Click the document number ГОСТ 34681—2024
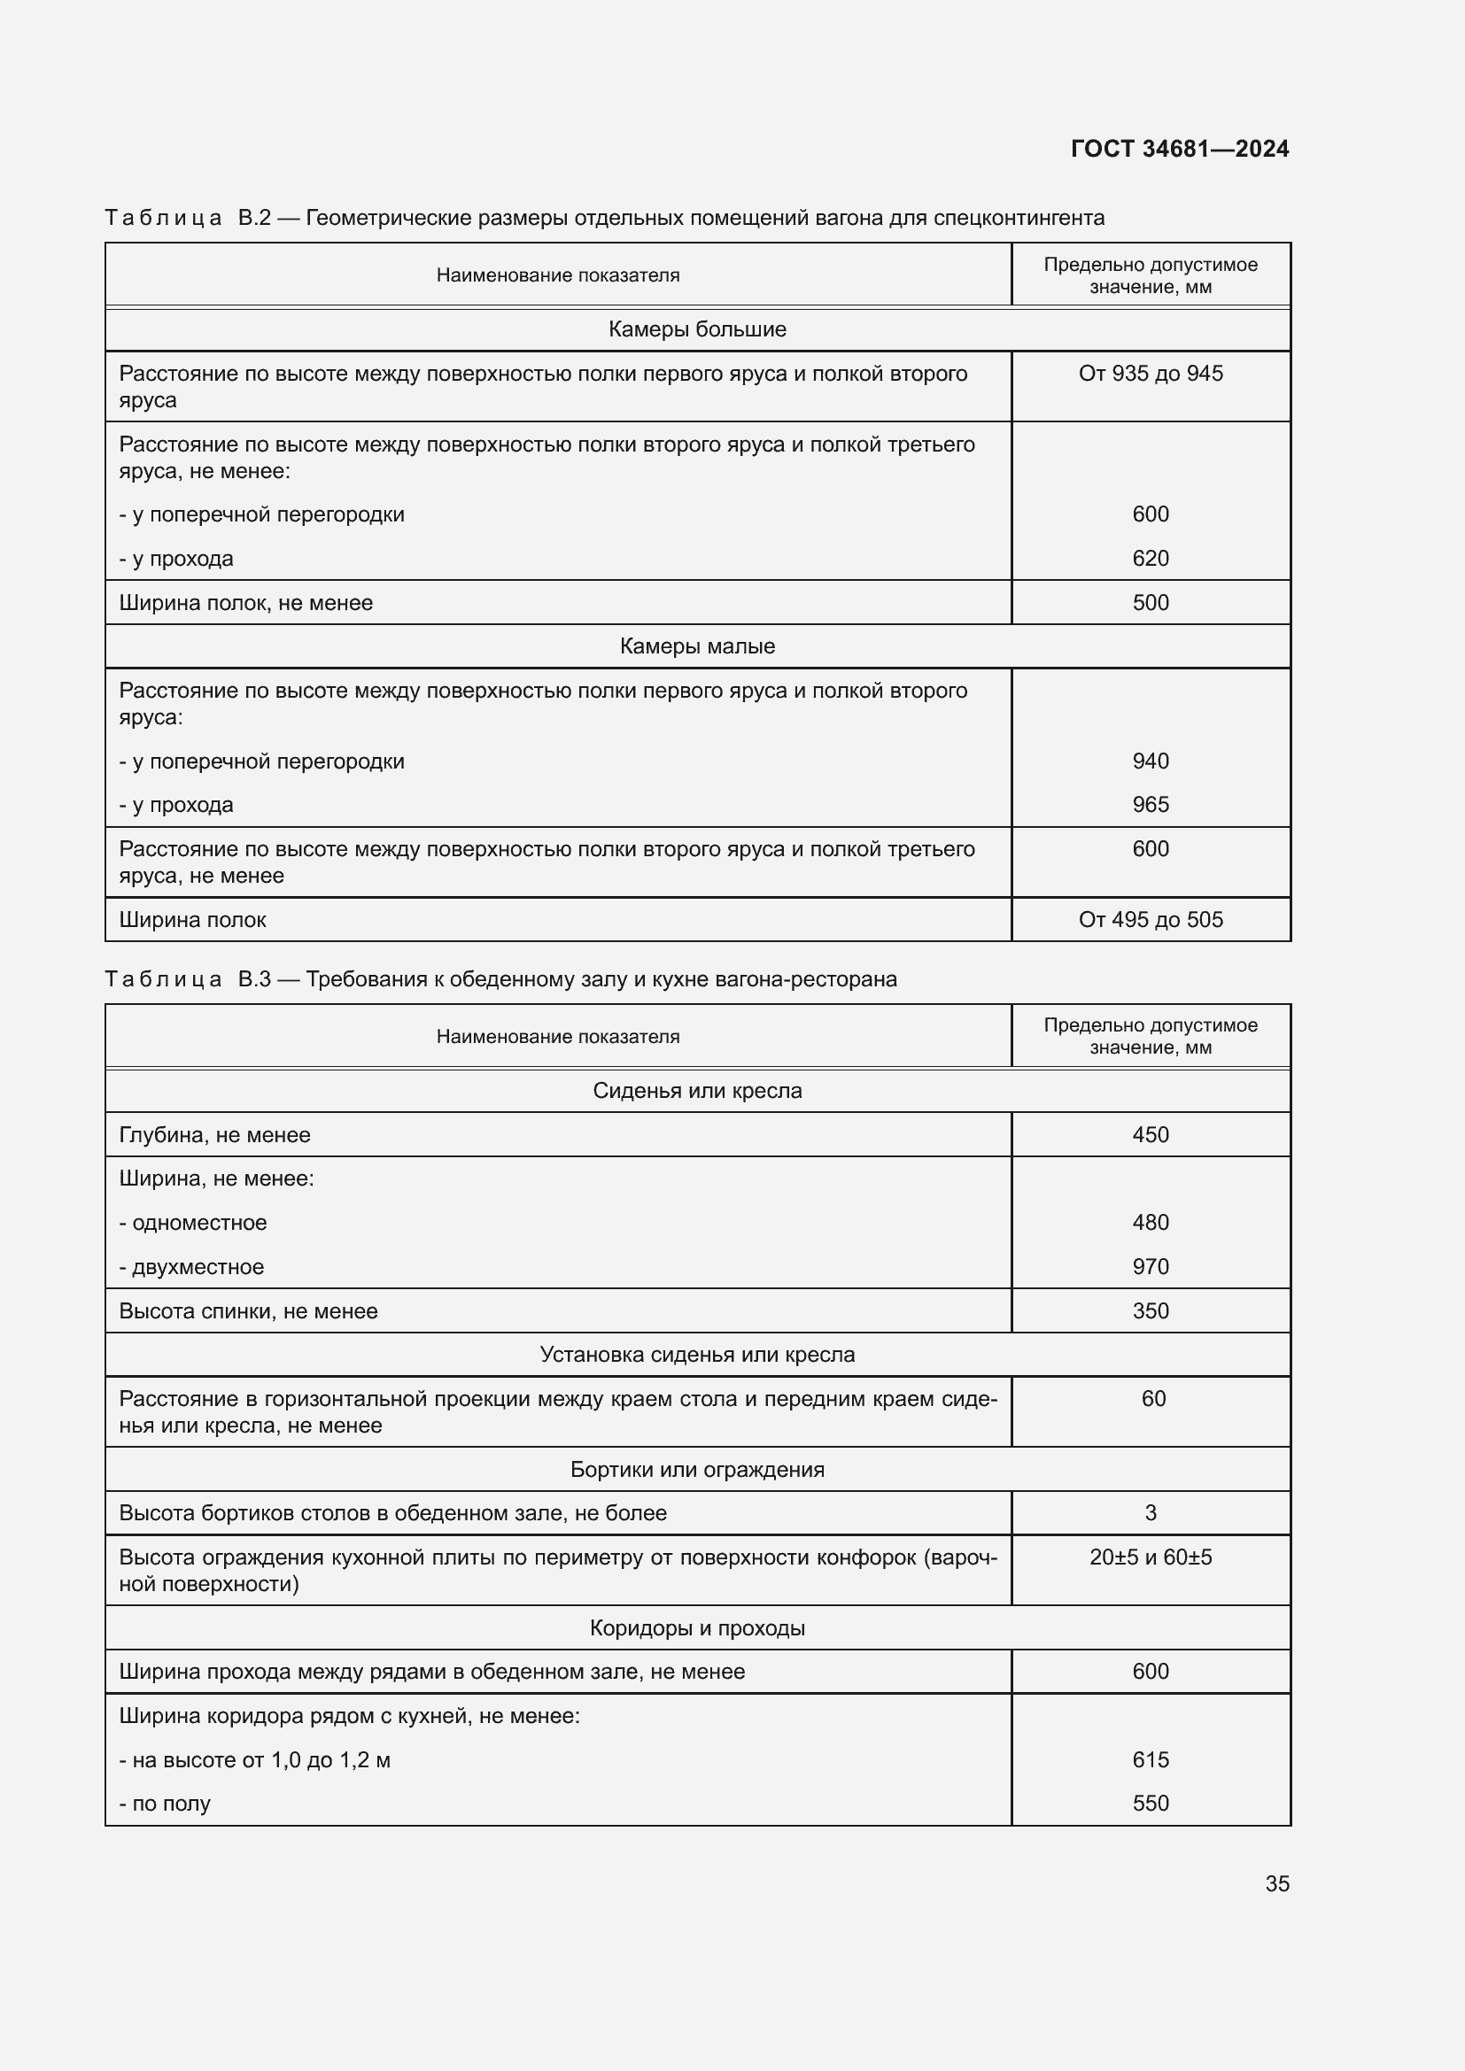[1179, 149]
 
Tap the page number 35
[1276, 1883]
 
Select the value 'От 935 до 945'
[1151, 374]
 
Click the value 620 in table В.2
[1151, 559]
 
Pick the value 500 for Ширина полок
[1151, 603]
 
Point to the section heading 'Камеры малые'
[696, 645]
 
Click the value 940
[1151, 761]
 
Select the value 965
[1151, 805]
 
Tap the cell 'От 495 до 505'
[1151, 920]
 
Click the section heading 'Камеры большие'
[696, 329]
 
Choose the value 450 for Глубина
[1151, 1135]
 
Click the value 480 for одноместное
[1151, 1222]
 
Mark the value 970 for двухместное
[1151, 1266]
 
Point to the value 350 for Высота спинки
[1151, 1310]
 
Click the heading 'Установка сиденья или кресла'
[696, 1355]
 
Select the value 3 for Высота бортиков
[1151, 1512]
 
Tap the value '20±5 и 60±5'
[1151, 1557]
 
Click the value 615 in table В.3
[1151, 1760]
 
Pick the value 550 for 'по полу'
[1151, 1803]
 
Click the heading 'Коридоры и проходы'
[696, 1628]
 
